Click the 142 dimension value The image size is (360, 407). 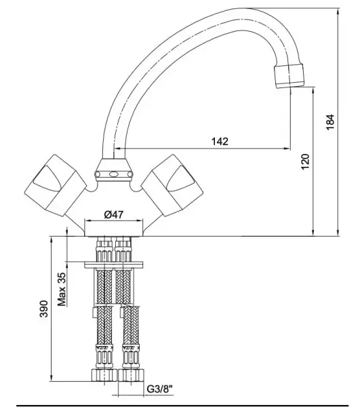(x=219, y=141)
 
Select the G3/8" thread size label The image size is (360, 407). (x=160, y=389)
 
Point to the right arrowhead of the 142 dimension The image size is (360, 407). (x=288, y=149)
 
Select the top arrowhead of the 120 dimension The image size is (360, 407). (x=313, y=91)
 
